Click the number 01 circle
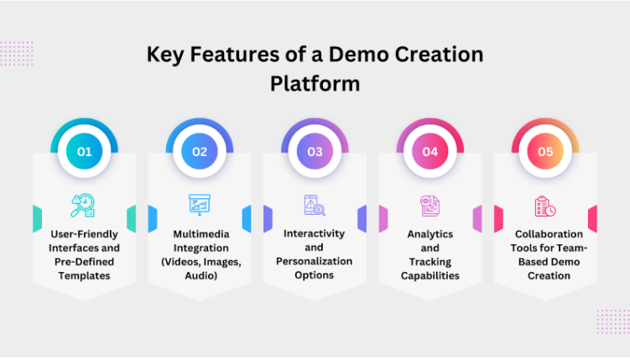[85, 152]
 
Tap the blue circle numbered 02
[200, 152]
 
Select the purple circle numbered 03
[315, 152]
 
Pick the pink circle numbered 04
[430, 152]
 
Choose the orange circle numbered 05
[545, 152]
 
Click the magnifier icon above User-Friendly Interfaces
[83, 206]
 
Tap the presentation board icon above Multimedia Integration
[200, 205]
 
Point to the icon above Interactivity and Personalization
[315, 206]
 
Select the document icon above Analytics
[430, 206]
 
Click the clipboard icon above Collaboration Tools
[545, 206]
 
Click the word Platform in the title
[315, 84]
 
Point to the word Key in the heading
[165, 55]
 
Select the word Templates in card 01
[84, 276]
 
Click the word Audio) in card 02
[200, 275]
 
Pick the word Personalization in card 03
[315, 261]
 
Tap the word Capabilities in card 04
[430, 276]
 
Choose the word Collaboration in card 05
[549, 234]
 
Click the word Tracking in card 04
[430, 262]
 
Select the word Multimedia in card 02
[200, 234]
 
